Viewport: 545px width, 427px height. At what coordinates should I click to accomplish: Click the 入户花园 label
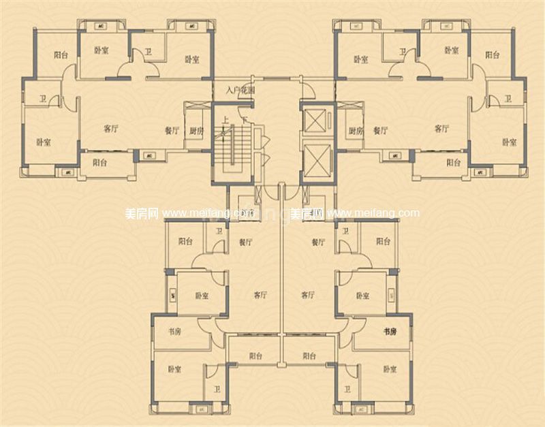click(240, 89)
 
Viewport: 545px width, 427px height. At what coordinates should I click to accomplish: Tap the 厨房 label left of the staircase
click(196, 131)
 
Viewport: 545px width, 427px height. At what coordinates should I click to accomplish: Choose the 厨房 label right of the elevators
click(355, 131)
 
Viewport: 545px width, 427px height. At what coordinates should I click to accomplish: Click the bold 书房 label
click(389, 332)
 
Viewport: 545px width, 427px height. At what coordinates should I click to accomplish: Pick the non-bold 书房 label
click(174, 332)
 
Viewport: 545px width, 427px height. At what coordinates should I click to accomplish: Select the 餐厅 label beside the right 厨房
click(379, 130)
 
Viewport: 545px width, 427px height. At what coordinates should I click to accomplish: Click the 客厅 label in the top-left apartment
click(111, 128)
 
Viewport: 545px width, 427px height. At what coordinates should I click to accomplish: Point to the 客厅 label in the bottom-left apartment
click(260, 296)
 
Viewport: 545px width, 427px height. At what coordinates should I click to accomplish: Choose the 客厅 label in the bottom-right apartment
click(307, 296)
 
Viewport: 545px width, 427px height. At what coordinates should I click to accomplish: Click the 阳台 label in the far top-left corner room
click(61, 56)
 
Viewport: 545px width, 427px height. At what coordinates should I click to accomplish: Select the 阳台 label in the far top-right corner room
click(492, 55)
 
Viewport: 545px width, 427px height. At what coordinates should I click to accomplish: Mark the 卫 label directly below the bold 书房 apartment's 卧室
click(347, 390)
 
